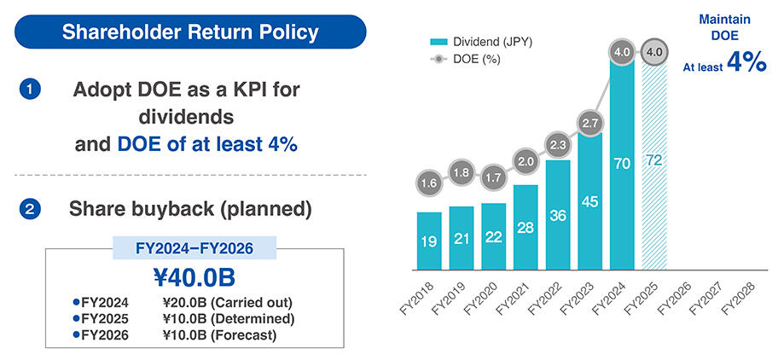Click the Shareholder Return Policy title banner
coord(190,32)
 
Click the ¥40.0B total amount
coord(194,278)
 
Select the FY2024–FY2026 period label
coord(195,248)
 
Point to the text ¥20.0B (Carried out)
coord(227,302)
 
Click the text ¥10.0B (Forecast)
coord(219,335)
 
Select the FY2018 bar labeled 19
coord(429,241)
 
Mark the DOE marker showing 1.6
coord(429,182)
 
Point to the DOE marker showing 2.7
coord(589,123)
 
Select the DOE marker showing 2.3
coord(557,145)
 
